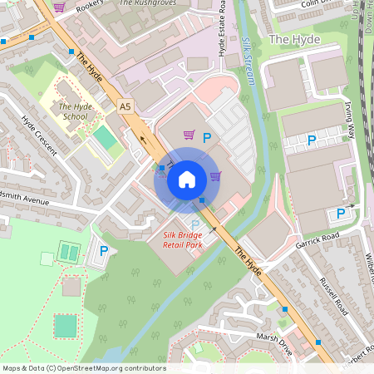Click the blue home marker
coord(187,179)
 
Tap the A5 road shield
coord(125,106)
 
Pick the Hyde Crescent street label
coord(39,135)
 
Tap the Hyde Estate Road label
coord(222,29)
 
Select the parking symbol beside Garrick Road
coord(341,214)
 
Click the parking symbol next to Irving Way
coord(312,140)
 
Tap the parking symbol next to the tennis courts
coord(104,251)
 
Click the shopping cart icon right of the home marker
coord(215,175)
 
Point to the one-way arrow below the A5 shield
coord(143,140)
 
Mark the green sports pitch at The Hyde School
coord(104,137)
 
